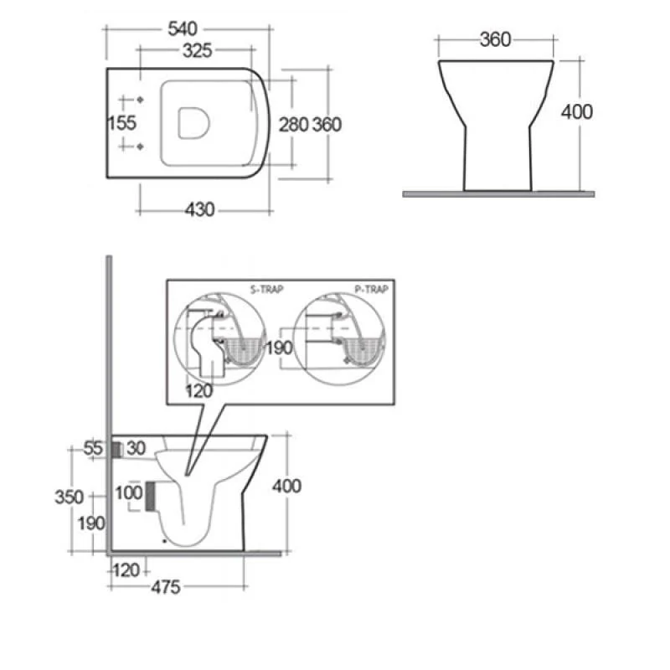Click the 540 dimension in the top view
183,29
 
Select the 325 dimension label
197,51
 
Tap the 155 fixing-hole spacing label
122,123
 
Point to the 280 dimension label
294,125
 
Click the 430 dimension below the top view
199,210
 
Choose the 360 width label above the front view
495,39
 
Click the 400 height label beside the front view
577,112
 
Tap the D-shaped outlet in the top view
193,123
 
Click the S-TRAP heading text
266,290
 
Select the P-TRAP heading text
371,290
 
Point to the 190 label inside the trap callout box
279,348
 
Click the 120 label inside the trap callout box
199,391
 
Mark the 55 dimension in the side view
93,448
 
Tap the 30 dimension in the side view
137,448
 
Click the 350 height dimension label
70,497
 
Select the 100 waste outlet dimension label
129,492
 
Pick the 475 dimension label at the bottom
166,588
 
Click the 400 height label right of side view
286,487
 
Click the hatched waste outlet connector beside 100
150,496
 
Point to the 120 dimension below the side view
126,570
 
